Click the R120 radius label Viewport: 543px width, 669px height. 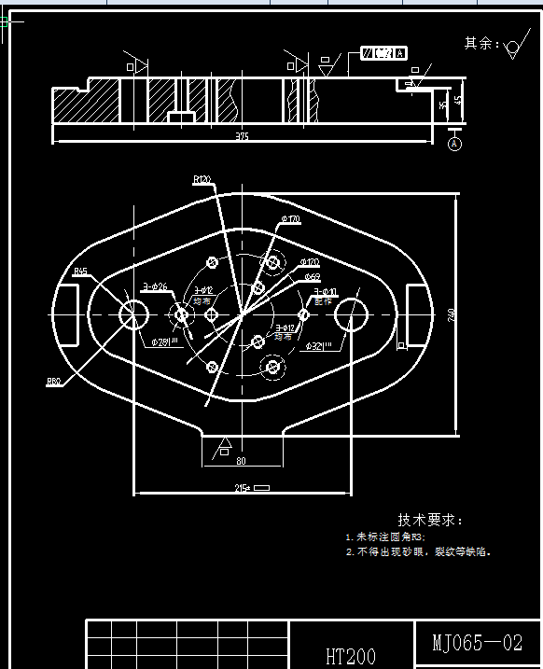[202, 178]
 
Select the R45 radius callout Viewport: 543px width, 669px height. [81, 272]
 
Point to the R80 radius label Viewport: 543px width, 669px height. [54, 381]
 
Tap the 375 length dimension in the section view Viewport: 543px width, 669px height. [243, 136]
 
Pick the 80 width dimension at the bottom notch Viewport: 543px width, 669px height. [241, 460]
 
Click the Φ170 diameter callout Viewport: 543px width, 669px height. [290, 219]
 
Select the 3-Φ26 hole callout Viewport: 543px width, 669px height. [155, 286]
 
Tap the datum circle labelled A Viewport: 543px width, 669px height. [455, 145]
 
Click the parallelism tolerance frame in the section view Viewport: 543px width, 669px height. [383, 53]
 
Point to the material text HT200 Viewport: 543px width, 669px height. [350, 656]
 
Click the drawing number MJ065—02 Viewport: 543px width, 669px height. [477, 643]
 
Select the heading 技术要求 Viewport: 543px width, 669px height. [429, 520]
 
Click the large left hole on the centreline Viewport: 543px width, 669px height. [134, 314]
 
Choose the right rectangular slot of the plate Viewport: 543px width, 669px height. [417, 314]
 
